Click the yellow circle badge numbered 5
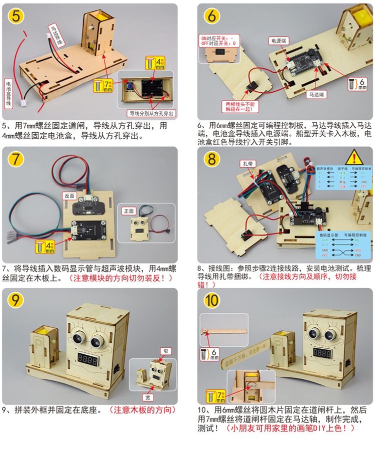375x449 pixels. pyautogui.click(x=16, y=17)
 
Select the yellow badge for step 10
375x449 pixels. pyautogui.click(x=212, y=301)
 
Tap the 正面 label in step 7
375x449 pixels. pyautogui.click(x=129, y=211)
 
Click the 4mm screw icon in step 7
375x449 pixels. pyautogui.click(x=45, y=246)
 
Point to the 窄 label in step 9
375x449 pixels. pyautogui.click(x=165, y=351)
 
